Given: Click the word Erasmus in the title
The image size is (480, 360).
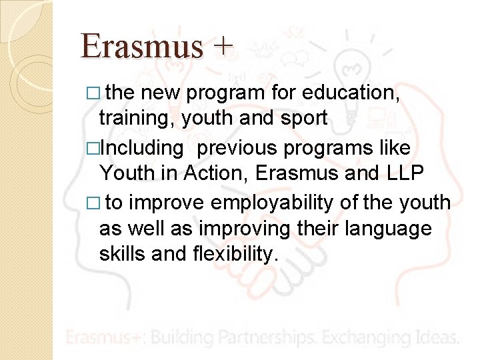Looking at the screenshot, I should (141, 45).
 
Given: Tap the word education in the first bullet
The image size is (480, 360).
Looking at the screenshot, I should (351, 92).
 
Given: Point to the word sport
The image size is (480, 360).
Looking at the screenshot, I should (303, 119).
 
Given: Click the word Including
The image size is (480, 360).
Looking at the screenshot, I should (141, 147).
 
